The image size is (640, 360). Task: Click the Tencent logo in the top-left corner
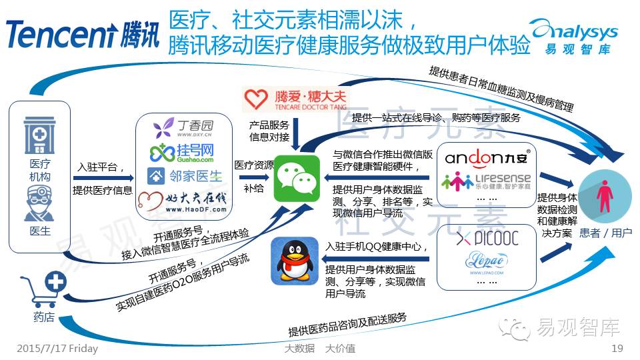pyautogui.click(x=83, y=33)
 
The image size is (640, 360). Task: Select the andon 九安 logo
pyautogui.click(x=487, y=158)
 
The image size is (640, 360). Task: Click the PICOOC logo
pyautogui.click(x=487, y=238)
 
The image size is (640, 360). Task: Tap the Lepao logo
pyautogui.click(x=487, y=261)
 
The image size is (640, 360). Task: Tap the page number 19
pyautogui.click(x=617, y=349)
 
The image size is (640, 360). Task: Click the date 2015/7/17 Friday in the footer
pyautogui.click(x=56, y=349)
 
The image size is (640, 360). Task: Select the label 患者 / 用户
pyautogui.click(x=605, y=233)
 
